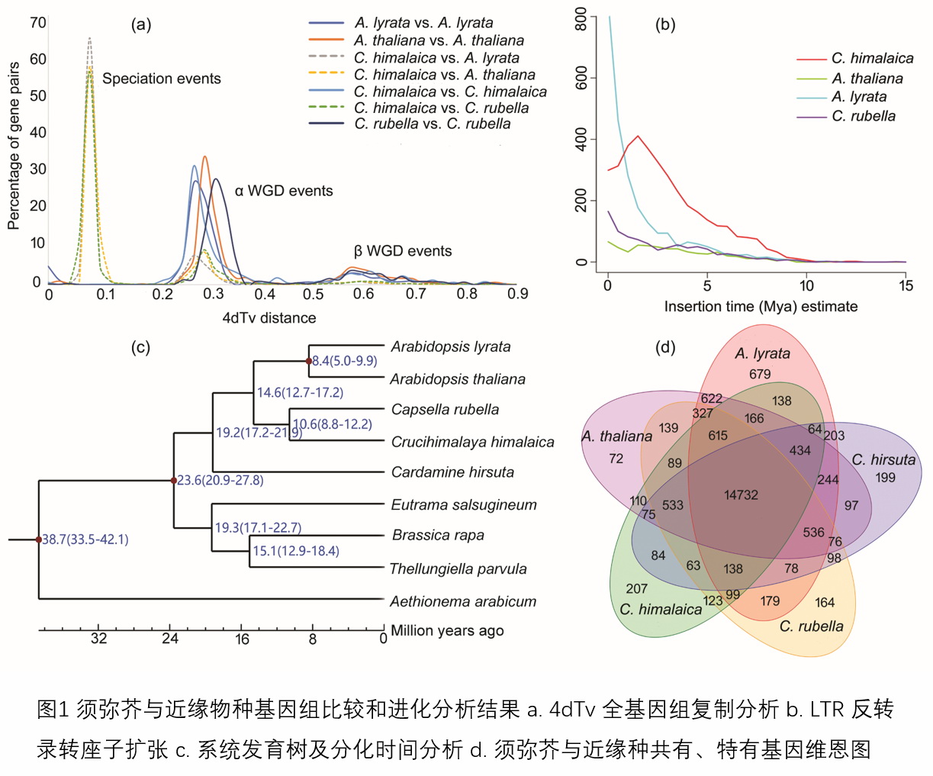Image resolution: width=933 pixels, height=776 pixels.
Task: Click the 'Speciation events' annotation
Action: coord(161,79)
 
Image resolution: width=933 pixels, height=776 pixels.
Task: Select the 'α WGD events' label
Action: coord(283,191)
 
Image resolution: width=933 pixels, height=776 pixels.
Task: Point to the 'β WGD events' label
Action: coord(402,251)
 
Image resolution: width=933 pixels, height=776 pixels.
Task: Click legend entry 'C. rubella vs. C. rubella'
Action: coord(432,124)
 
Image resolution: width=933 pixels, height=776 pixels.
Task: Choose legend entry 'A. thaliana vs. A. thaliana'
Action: coord(439,40)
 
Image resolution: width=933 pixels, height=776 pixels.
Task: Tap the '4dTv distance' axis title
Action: coord(269,317)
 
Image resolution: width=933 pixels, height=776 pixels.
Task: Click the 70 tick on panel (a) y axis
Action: coord(37,23)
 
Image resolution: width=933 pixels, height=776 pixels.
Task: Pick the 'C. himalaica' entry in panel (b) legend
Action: coord(872,58)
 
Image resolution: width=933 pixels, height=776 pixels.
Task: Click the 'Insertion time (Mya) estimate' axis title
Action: coord(761,307)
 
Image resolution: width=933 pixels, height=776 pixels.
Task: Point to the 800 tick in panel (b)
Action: coord(581,19)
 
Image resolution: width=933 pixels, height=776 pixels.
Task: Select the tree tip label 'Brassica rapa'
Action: coord(438,535)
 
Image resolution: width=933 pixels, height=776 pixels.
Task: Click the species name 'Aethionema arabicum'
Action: coord(462,601)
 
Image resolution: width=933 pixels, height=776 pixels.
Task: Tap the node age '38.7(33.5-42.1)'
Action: coord(85,539)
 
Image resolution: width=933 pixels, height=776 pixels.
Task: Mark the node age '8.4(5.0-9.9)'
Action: coord(344,360)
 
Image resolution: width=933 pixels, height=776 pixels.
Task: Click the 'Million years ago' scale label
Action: coord(447,630)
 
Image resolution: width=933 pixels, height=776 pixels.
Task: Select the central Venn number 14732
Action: coord(741,494)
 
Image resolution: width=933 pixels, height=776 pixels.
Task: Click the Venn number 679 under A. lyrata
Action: coord(760,374)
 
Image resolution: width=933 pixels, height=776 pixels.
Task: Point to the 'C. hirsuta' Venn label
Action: coord(883,459)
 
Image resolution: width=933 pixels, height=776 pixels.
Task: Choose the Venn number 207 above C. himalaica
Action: coord(636,589)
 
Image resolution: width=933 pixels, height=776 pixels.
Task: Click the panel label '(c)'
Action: coord(141,347)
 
